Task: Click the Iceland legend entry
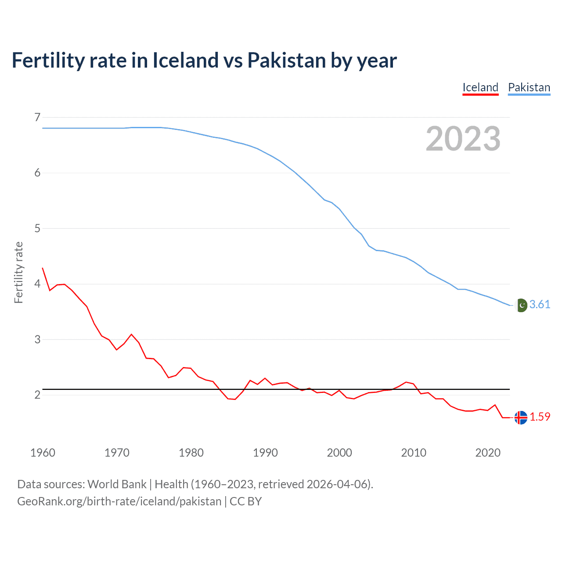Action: tap(480, 87)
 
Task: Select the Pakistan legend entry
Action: tap(529, 87)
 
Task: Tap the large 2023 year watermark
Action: tap(463, 139)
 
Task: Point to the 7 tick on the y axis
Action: tap(37, 117)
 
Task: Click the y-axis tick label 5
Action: tap(37, 228)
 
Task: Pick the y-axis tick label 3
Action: tap(37, 339)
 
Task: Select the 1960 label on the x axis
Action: tap(43, 453)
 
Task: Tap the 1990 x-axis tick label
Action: tap(265, 453)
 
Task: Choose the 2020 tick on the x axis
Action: tap(488, 453)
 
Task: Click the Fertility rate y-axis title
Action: tap(18, 272)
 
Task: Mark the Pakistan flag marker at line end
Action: tap(521, 305)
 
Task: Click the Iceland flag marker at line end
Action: tap(521, 418)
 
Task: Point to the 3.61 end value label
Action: tap(540, 305)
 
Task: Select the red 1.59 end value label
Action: tap(540, 417)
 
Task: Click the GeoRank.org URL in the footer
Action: tap(119, 501)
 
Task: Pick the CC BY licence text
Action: tap(246, 501)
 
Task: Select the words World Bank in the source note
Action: tap(117, 484)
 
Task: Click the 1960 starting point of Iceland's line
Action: tap(43, 268)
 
